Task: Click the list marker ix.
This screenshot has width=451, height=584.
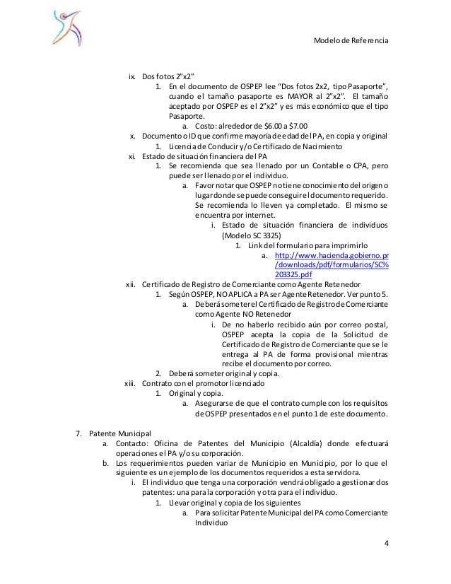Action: (x=131, y=76)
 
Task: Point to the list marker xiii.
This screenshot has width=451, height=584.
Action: (x=129, y=382)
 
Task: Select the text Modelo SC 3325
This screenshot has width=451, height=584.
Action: (x=252, y=235)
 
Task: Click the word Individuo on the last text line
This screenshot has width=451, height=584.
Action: (x=210, y=524)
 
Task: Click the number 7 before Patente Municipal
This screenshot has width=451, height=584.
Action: (x=78, y=433)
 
